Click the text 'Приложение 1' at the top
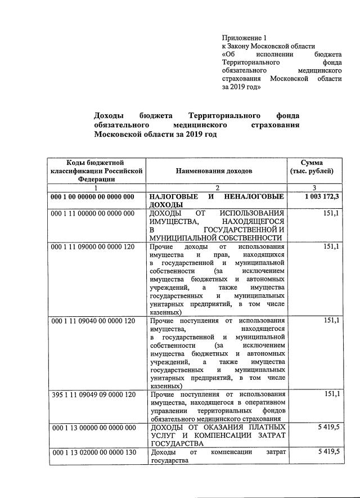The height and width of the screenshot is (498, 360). [244, 37]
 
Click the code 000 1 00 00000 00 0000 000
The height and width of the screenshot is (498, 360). [93, 197]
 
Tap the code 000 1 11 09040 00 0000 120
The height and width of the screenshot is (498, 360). [93, 321]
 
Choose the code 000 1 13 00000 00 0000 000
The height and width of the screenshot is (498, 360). [93, 428]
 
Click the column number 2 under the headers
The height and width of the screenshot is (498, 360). [217, 187]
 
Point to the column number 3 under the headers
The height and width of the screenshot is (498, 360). [314, 187]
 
